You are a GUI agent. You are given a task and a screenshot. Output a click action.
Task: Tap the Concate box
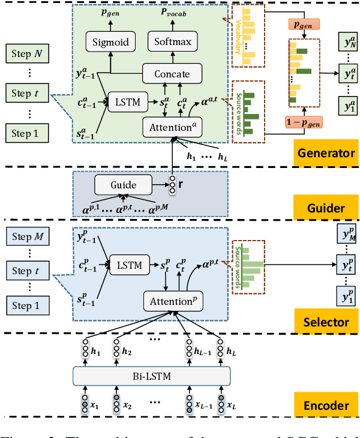172,74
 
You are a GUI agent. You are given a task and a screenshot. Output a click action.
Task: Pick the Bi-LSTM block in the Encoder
151,376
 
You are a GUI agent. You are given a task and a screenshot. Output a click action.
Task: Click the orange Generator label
326,152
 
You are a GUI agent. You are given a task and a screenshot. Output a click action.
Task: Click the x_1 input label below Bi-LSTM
93,406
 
